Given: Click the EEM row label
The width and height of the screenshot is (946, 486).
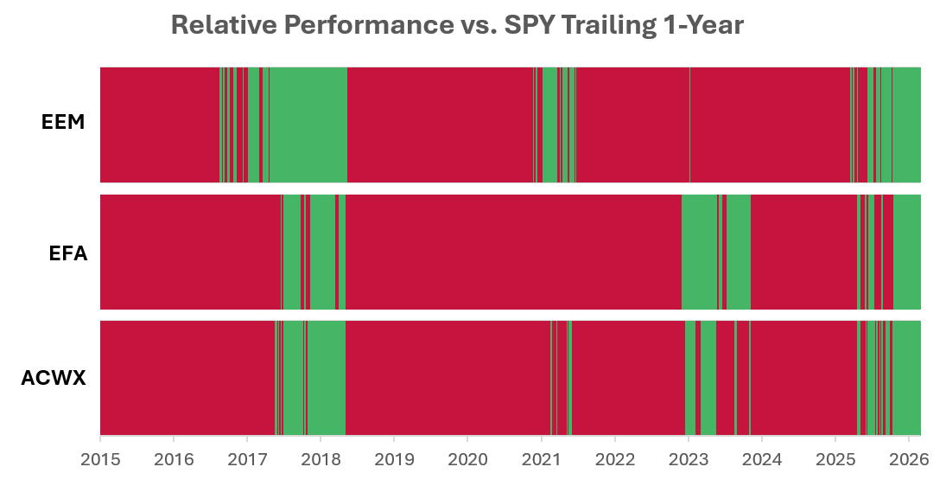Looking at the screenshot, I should (x=63, y=122).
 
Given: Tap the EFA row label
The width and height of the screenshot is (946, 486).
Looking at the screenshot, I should (x=68, y=253).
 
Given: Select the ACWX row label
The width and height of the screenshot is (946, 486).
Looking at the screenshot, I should (x=54, y=379).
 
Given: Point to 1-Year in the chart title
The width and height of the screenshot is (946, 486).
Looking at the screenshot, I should (x=702, y=25).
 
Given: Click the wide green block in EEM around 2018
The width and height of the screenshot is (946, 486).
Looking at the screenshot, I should (x=308, y=125).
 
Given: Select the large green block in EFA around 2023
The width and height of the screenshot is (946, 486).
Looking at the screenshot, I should (x=700, y=252).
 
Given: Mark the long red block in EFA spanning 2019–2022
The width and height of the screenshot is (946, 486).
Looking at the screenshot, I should (x=513, y=252).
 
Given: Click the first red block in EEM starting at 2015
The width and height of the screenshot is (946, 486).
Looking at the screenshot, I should (x=160, y=125).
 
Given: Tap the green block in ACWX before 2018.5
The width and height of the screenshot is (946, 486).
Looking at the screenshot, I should (x=327, y=378).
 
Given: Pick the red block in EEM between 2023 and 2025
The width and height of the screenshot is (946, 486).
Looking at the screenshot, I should (x=770, y=125).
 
